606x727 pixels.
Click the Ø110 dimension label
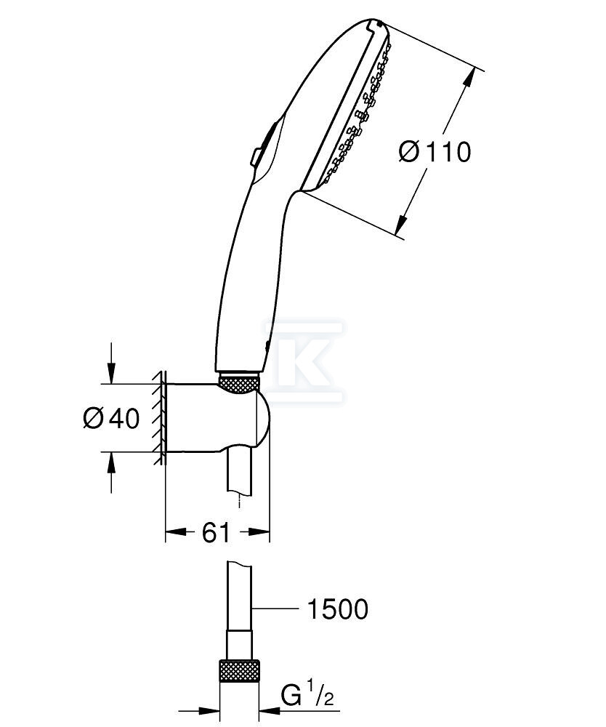point(435,151)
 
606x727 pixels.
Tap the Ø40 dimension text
point(111,419)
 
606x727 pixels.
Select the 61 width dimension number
point(215,532)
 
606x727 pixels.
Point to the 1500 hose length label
point(337,608)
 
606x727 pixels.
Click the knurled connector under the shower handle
point(238,383)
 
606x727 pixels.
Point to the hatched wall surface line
point(161,417)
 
